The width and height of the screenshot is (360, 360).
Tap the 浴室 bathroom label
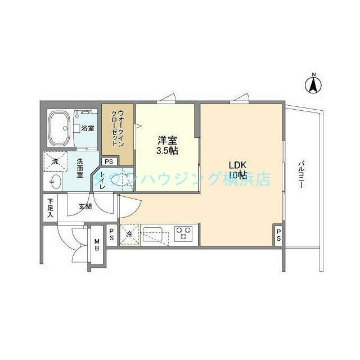[x=87, y=129]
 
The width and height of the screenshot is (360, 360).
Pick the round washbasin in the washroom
[x=55, y=181]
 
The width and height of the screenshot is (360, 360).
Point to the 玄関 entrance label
[x=85, y=207]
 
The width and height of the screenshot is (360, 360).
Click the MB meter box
[x=97, y=245]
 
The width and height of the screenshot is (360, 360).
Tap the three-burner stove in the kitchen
[x=183, y=232]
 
